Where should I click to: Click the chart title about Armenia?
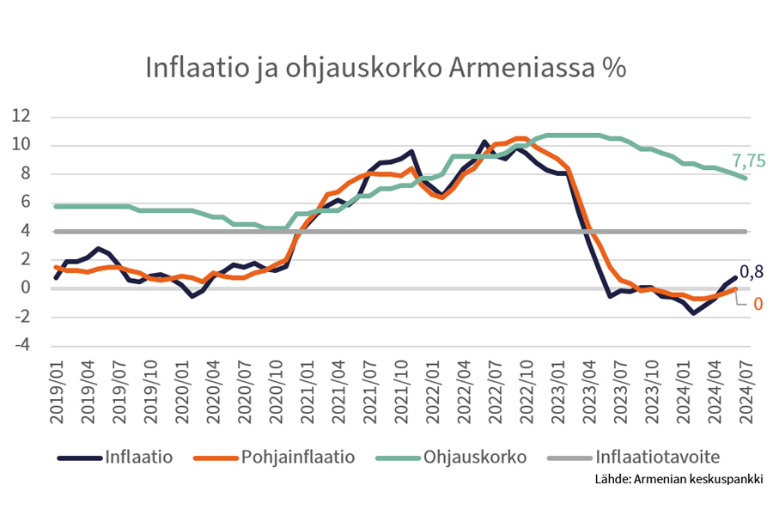click(x=386, y=69)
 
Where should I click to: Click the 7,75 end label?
click(x=748, y=160)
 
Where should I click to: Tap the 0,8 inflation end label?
click(x=752, y=272)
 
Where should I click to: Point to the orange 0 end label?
click(x=758, y=303)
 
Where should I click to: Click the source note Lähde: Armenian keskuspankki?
click(x=679, y=479)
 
